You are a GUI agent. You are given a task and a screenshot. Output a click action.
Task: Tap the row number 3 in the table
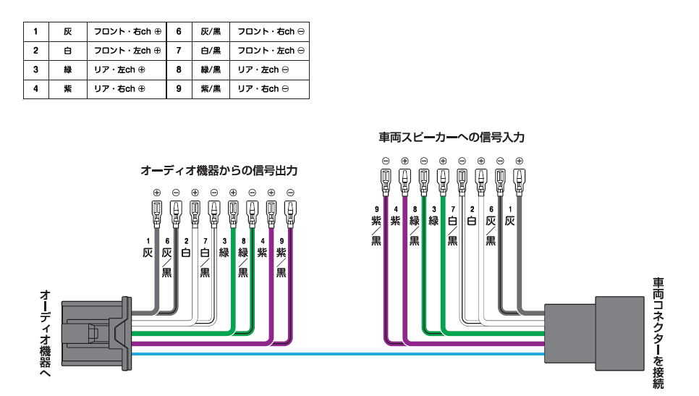pyautogui.click(x=35, y=70)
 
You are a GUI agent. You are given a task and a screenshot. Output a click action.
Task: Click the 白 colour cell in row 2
pyautogui.click(x=67, y=51)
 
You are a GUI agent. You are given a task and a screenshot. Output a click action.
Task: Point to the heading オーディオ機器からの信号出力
pyautogui.click(x=219, y=171)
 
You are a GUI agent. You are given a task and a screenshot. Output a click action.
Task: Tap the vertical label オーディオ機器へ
pyautogui.click(x=45, y=332)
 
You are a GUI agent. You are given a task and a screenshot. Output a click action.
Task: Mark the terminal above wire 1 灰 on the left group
pyautogui.click(x=156, y=212)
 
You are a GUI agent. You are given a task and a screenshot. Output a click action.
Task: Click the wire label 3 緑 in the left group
pyautogui.click(x=224, y=248)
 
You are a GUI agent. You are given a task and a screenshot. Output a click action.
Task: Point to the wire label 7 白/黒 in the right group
pyautogui.click(x=452, y=225)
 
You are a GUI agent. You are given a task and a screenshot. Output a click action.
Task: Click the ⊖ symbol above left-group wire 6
pyautogui.click(x=176, y=193)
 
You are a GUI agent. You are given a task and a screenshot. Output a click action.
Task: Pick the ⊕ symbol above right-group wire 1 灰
pyautogui.click(x=519, y=161)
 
